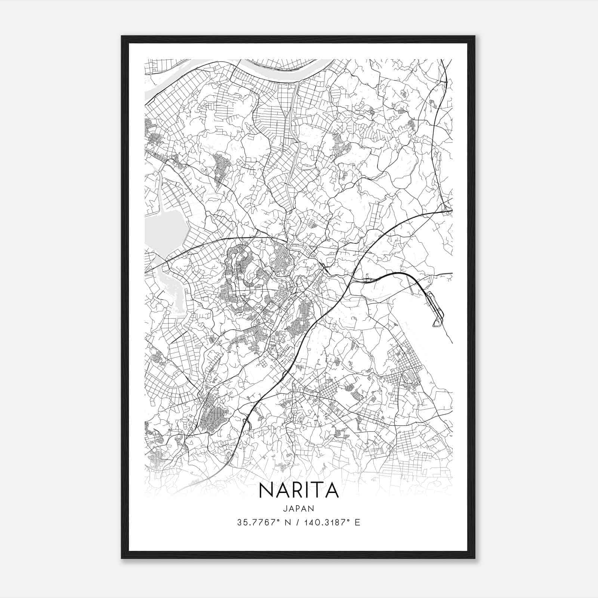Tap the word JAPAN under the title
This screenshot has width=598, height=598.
pyautogui.click(x=298, y=508)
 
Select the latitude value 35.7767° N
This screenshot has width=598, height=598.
pyautogui.click(x=263, y=523)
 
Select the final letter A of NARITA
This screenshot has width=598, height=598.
pyautogui.click(x=331, y=490)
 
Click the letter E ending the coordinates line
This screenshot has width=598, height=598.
pyautogui.click(x=358, y=523)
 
